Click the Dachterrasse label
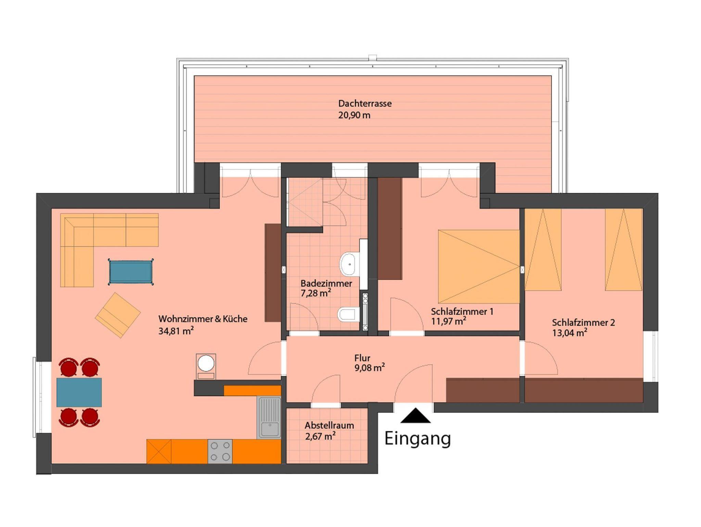pos(365,103)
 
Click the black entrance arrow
pos(416,415)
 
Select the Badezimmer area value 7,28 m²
pos(316,293)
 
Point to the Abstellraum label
pos(329,426)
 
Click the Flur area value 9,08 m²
pos(370,368)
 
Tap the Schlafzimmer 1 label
pos(462,312)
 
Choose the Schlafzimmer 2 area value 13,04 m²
pos(570,333)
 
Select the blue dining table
pos(79,392)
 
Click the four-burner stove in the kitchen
pos(220,451)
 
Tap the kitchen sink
pos(269,417)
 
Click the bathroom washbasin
pos(349,264)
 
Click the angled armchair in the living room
pos(118,315)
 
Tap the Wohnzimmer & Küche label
pos(203,319)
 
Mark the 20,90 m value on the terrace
pos(354,115)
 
